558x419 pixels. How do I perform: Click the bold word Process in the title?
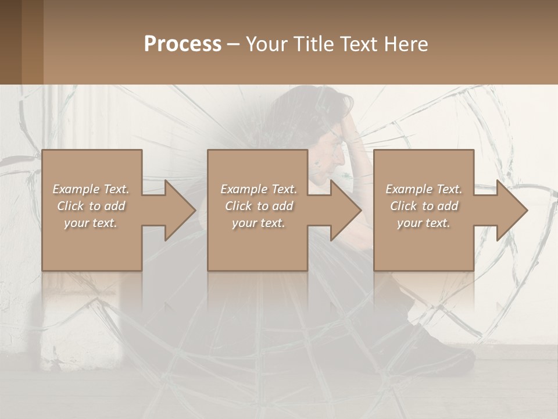point(183,44)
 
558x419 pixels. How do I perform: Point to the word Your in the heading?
point(266,44)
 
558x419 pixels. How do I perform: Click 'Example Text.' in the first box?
point(91,189)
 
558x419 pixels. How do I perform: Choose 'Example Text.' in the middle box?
point(258,189)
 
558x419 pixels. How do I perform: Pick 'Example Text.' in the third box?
point(424,189)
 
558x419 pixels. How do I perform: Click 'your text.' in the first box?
point(91,223)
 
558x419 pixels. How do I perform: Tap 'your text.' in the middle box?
point(258,223)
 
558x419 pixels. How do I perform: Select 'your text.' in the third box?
point(424,223)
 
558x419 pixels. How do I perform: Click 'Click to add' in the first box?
point(91,206)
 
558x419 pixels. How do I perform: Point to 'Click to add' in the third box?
point(424,206)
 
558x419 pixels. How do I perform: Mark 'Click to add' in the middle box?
point(258,206)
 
